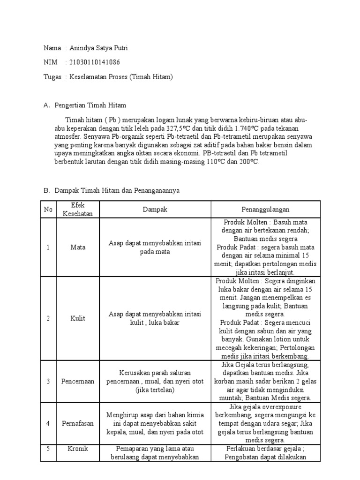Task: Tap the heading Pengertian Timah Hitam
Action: click(90, 105)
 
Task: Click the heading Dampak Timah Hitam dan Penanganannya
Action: click(117, 191)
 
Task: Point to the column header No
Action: click(48, 210)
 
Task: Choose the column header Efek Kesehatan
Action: click(78, 210)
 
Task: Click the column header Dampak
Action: click(155, 210)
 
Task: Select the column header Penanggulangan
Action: click(265, 210)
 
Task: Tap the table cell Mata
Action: click(78, 247)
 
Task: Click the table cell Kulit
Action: click(78, 318)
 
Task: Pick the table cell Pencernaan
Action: click(78, 381)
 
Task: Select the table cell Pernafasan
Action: click(78, 423)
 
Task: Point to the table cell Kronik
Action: click(78, 449)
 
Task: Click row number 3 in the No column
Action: click(48, 381)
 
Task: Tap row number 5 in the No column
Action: click(48, 449)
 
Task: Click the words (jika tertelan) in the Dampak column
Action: click(155, 390)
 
